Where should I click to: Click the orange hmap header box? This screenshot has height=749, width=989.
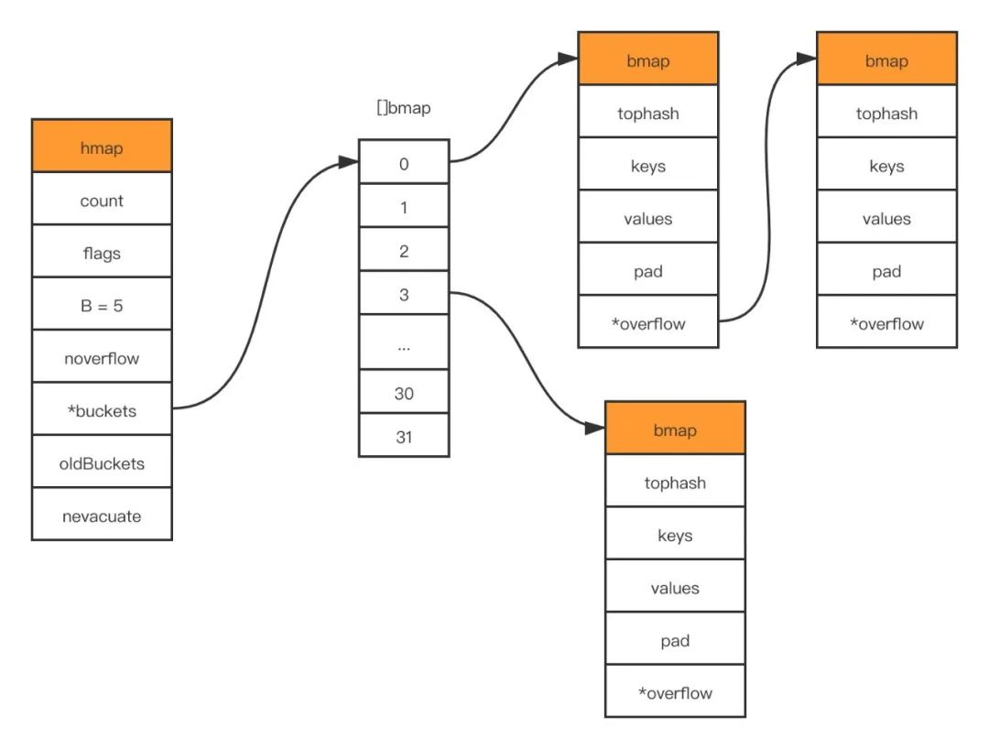102,147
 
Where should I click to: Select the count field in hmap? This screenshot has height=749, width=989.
102,200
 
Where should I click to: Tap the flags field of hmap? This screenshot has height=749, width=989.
102,252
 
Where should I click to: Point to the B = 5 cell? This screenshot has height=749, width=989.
102,305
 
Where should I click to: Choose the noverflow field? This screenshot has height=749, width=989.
102,357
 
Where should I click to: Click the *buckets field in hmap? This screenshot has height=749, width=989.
102,410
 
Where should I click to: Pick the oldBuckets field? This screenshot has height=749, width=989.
102,462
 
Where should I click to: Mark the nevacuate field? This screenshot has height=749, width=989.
102,516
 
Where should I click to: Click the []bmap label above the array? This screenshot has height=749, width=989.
404,108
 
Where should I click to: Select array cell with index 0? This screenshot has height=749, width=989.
404,162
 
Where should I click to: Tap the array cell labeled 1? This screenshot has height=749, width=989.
404,207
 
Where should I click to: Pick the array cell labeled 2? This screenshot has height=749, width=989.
404,251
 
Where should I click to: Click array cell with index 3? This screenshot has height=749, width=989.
404,294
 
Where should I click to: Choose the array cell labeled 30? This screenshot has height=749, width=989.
404,393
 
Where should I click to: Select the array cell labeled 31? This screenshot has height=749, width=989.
404,437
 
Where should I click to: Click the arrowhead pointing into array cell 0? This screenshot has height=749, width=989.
348,162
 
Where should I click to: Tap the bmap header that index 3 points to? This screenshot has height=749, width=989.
675,429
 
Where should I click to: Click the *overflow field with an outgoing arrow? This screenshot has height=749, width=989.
648,323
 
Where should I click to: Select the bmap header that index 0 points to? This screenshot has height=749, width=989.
648,60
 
